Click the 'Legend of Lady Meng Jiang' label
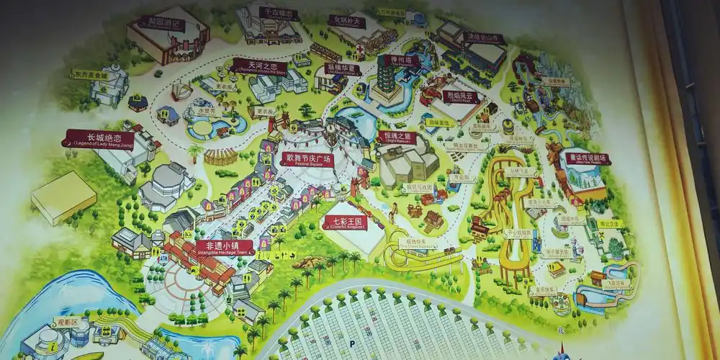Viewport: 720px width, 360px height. pos(99,139)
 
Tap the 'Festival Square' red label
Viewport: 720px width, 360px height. pos(306,160)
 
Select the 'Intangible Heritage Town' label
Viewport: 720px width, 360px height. pos(225,247)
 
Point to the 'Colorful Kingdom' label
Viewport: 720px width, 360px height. pos(346,222)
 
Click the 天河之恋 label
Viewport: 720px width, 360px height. pos(258,67)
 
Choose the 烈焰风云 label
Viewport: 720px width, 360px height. pos(458,96)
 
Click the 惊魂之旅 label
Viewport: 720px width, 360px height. pos(397,136)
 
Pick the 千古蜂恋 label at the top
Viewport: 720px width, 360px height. pos(279,14)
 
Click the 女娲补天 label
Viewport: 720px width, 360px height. pos(347,22)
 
